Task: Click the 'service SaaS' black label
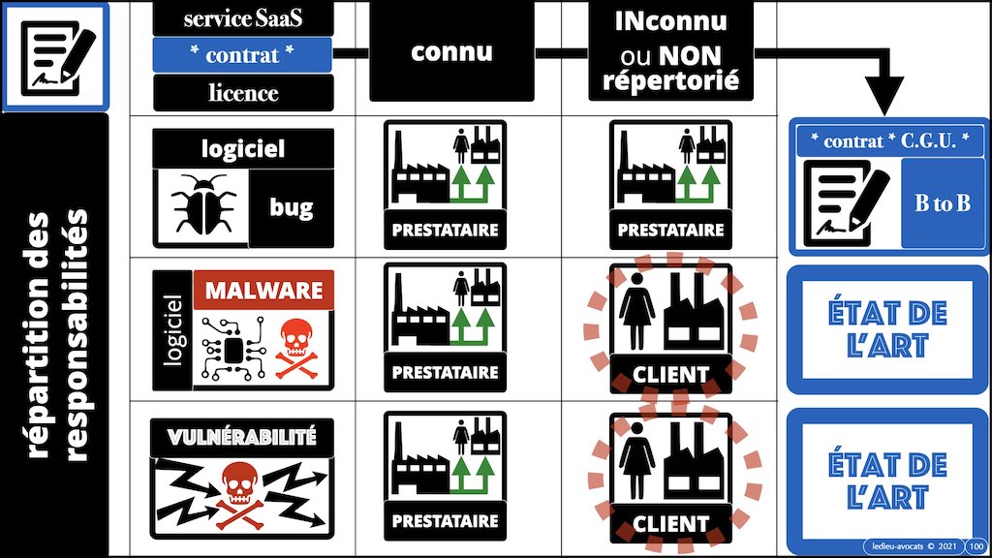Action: [242, 17]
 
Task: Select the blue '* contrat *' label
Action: [242, 55]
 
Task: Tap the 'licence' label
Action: [242, 93]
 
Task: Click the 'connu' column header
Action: [451, 52]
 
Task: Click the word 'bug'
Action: [291, 206]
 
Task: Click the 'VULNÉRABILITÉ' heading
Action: [242, 437]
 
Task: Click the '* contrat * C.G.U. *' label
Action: [888, 140]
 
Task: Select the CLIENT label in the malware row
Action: [670, 371]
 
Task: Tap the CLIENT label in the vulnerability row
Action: [670, 523]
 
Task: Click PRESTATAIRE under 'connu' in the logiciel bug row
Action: [444, 231]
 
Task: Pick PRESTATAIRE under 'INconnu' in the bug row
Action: [670, 231]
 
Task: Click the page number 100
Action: [976, 545]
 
